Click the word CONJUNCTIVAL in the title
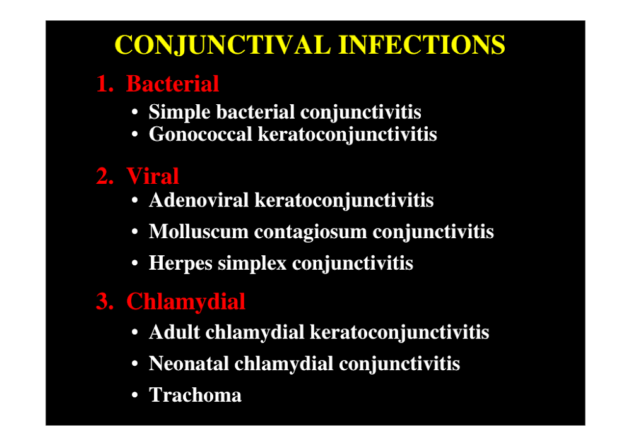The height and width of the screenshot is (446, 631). click(x=223, y=45)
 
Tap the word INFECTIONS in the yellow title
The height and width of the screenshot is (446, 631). click(x=422, y=44)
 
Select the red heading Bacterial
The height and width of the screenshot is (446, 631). click(x=173, y=84)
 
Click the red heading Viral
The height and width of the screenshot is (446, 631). click(x=153, y=176)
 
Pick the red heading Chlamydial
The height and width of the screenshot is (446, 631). click(x=186, y=301)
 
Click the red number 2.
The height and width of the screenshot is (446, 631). click(x=105, y=176)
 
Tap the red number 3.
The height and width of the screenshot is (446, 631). click(x=105, y=301)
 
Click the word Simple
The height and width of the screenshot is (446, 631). click(x=179, y=112)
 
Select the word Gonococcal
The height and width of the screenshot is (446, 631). click(x=201, y=134)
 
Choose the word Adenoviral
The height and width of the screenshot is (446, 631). click(x=199, y=200)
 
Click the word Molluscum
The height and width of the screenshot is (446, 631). click(x=199, y=232)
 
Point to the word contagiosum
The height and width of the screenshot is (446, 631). click(x=310, y=232)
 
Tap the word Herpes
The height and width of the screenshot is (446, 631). click(x=180, y=263)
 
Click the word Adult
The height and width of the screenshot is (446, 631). click(x=175, y=332)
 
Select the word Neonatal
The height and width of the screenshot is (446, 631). click(x=189, y=364)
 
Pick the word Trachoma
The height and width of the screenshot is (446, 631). click(x=195, y=395)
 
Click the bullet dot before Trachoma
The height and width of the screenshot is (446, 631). click(x=135, y=395)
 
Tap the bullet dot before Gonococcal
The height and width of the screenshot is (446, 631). click(x=135, y=134)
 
